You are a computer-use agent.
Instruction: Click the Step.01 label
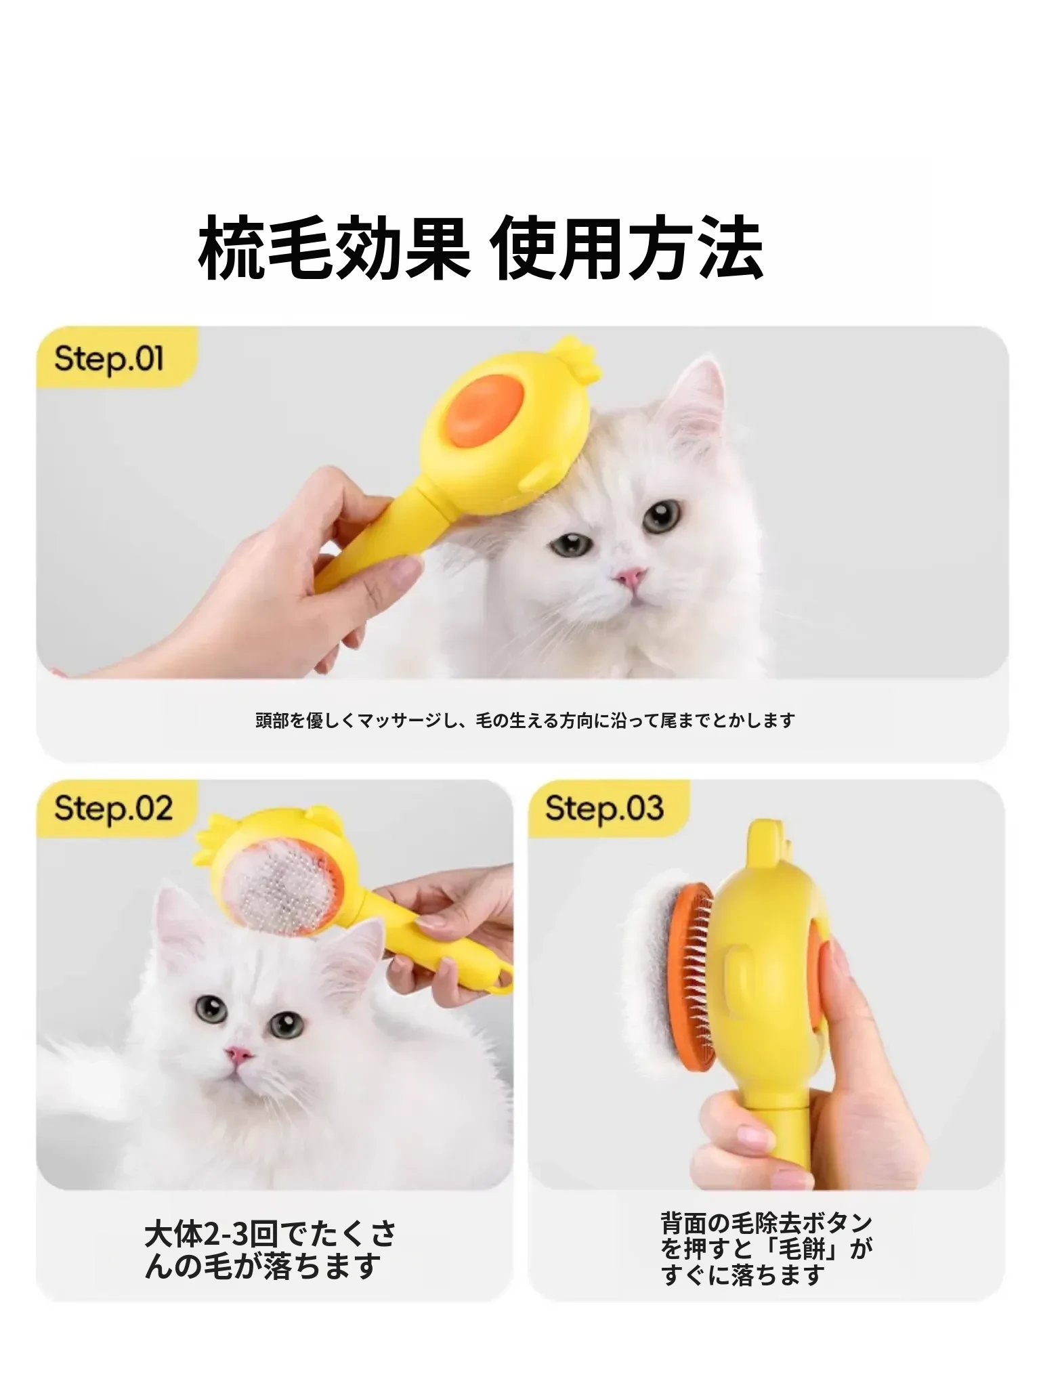point(109,358)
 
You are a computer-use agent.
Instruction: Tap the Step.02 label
point(113,808)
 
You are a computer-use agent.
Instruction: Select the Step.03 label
point(604,808)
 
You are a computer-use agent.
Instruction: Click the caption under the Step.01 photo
point(525,721)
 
